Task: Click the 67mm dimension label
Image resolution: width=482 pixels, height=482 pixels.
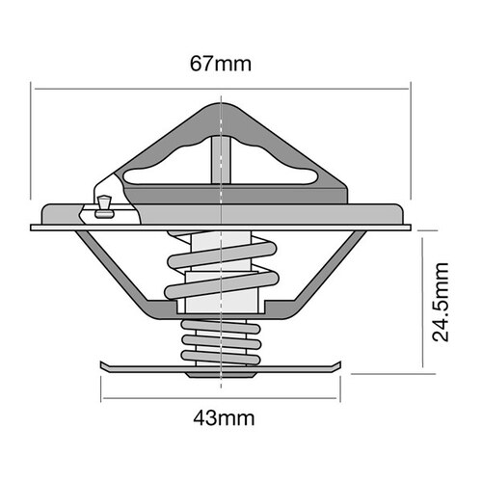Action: click(222, 66)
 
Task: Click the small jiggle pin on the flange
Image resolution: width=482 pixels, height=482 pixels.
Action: click(105, 204)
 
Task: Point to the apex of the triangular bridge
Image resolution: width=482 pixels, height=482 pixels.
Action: click(223, 104)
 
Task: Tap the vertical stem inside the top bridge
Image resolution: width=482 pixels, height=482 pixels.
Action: click(223, 159)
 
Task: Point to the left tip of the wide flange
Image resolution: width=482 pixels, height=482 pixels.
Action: click(33, 228)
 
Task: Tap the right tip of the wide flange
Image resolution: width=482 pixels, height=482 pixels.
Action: click(410, 228)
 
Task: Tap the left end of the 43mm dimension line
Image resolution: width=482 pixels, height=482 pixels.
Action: click(101, 397)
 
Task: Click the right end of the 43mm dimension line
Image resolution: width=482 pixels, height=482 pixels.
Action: click(342, 397)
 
